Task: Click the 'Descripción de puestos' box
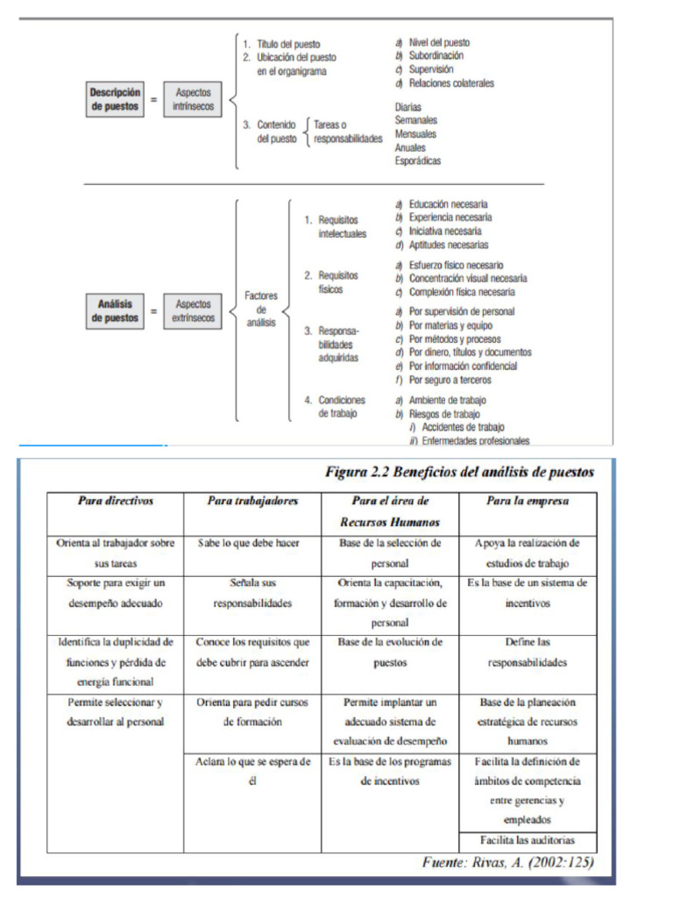115,98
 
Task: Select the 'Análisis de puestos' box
115,311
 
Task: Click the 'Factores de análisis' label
260,310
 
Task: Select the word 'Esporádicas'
418,160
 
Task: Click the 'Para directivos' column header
115,501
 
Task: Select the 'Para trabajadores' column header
252,501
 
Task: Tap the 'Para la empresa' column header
528,501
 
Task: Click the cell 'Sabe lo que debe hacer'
249,543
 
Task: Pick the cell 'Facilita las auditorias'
528,840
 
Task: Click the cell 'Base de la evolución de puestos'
390,652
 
